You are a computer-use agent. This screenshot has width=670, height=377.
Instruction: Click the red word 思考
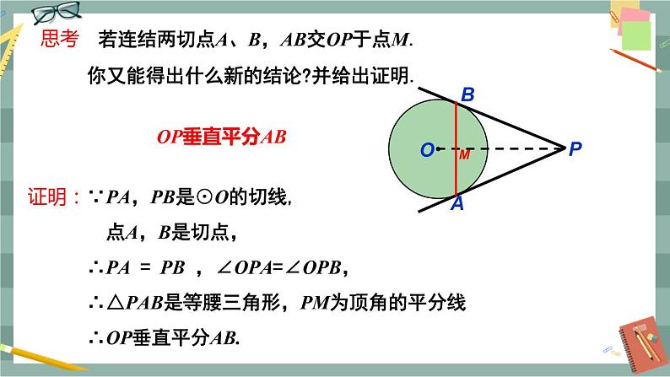61,38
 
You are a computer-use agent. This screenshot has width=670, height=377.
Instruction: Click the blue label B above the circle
467,96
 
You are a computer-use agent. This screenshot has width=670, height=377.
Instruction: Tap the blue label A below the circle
457,205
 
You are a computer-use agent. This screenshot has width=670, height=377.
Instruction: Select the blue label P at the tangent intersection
575,150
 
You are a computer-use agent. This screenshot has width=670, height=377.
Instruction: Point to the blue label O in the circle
427,150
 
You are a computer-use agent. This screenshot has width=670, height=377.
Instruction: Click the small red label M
464,156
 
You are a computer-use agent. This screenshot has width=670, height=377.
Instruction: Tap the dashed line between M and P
515,150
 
